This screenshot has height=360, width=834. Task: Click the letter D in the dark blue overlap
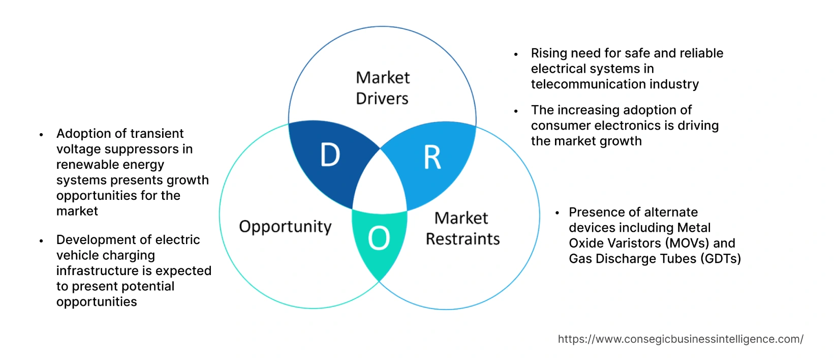[x=330, y=155]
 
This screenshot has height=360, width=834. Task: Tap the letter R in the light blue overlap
[x=433, y=158]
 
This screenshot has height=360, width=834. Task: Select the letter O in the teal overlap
[x=379, y=238]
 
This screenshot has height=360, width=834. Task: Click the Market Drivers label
[x=382, y=87]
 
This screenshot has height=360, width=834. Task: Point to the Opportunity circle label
[x=285, y=226]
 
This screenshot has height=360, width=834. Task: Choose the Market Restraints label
[x=462, y=228]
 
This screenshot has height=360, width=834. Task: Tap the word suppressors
[x=143, y=149]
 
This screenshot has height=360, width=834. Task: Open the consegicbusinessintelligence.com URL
[x=681, y=339]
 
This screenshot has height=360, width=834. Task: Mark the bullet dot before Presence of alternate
[x=558, y=213]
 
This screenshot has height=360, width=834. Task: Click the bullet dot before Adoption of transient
[x=42, y=135]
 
